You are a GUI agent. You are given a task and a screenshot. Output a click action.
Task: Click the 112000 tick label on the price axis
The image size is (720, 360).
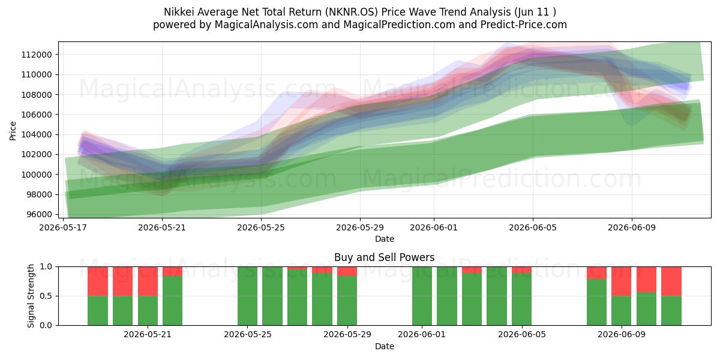[37, 55]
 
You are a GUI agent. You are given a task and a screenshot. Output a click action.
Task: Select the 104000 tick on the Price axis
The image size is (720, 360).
[37, 134]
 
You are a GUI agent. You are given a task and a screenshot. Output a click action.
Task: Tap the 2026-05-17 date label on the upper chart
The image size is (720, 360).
[63, 227]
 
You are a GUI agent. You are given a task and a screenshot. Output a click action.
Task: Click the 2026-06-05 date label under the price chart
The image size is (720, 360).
[533, 227]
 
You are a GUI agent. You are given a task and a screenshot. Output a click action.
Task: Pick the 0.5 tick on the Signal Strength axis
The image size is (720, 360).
[46, 296]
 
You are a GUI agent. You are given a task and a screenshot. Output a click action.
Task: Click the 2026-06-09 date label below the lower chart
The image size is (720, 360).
[622, 335]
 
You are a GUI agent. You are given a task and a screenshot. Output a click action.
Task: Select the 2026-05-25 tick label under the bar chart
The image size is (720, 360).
[247, 335]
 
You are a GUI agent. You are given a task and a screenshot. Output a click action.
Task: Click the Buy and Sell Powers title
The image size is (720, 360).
[385, 257]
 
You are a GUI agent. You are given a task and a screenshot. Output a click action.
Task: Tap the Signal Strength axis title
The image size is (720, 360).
[31, 296]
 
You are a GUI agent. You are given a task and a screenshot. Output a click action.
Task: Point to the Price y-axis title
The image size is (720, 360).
[13, 131]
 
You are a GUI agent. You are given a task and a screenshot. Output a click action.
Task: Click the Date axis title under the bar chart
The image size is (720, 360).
[385, 346]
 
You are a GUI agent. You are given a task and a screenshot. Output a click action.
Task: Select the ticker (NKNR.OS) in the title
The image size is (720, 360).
[351, 12]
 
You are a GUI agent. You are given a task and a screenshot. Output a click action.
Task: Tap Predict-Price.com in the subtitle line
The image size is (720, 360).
[524, 25]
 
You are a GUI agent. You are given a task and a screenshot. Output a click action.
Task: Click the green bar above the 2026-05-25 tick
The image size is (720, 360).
[247, 296]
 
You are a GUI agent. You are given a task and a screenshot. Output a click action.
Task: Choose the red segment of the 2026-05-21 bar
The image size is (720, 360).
[148, 281]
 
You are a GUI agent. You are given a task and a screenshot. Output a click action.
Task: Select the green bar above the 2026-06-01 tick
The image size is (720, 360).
[422, 296]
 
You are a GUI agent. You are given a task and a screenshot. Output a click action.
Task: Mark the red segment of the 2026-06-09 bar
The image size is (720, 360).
[622, 281]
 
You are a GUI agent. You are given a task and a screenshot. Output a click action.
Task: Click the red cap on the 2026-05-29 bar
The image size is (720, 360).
[347, 271]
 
